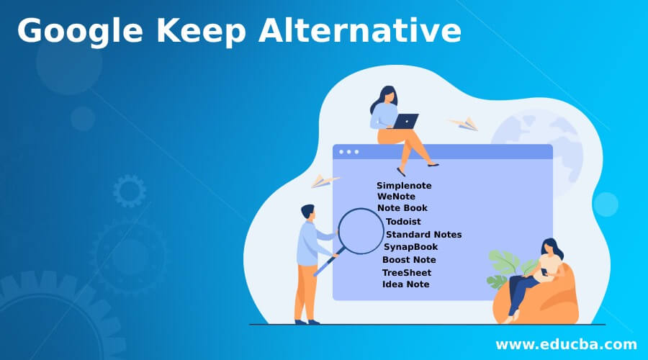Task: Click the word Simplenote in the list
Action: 404,186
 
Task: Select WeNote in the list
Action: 396,197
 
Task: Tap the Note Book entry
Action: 402,208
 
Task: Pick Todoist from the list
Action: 403,222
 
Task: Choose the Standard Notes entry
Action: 423,234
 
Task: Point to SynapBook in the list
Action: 410,247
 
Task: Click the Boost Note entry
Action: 409,260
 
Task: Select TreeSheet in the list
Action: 407,272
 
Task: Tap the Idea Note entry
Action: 406,284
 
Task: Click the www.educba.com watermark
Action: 567,343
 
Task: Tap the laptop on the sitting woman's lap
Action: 405,121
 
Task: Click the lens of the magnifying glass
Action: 360,230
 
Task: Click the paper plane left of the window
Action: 325,181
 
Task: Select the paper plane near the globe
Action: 463,124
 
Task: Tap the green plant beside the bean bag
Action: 501,266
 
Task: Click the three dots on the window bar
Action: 348,152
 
